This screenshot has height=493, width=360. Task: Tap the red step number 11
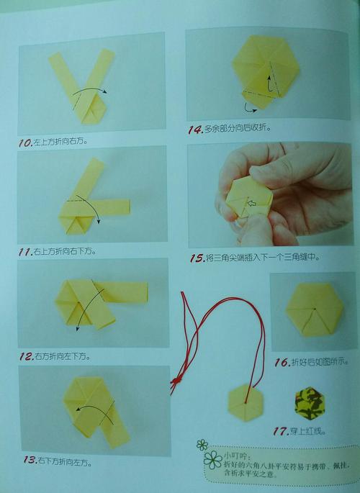coord(26,253)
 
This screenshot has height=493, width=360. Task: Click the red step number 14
coord(194,130)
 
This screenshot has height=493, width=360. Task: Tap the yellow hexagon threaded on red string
coord(245,400)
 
